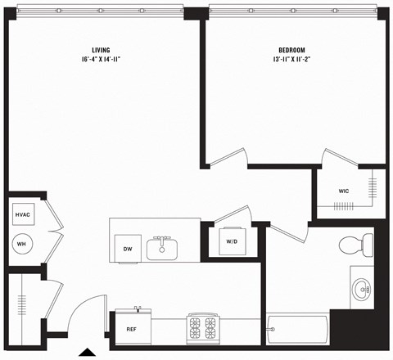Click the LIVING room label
(102, 49)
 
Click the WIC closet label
(345, 191)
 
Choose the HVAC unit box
(22, 214)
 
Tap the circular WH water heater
(22, 243)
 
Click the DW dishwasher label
(127, 249)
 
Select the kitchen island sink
(161, 246)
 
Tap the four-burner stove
(202, 327)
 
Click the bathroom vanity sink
(360, 288)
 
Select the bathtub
(298, 329)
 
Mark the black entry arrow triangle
(87, 353)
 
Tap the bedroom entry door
(228, 158)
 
